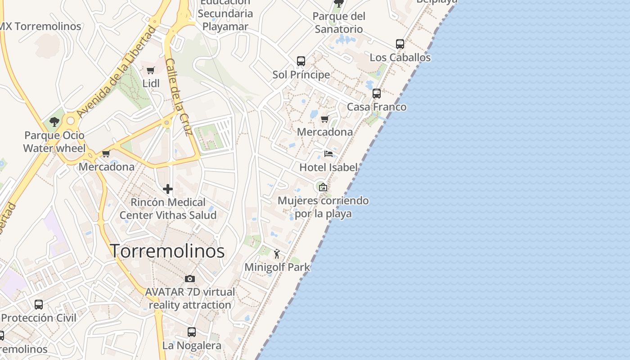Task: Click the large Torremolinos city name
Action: pos(167,251)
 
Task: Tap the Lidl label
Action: pos(151,83)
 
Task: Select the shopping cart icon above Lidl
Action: pos(151,71)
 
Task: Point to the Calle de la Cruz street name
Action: pos(179,97)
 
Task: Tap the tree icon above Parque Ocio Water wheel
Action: pos(54,121)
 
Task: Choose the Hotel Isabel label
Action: pos(328,167)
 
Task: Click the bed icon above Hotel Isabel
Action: pos(328,154)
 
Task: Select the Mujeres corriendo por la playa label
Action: pos(323,207)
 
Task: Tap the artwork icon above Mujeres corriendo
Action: pos(323,187)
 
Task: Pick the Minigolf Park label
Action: pos(277,267)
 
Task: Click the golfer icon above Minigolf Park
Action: pos(277,254)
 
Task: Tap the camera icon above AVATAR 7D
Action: pos(190,279)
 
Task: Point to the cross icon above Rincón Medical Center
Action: pos(168,189)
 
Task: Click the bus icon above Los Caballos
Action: pos(400,44)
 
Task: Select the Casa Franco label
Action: pos(377,107)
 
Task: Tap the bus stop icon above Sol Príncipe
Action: pos(301,61)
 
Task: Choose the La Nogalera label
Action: pos(192,346)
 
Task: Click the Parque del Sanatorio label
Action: pos(339,22)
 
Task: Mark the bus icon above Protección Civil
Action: pos(39,305)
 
